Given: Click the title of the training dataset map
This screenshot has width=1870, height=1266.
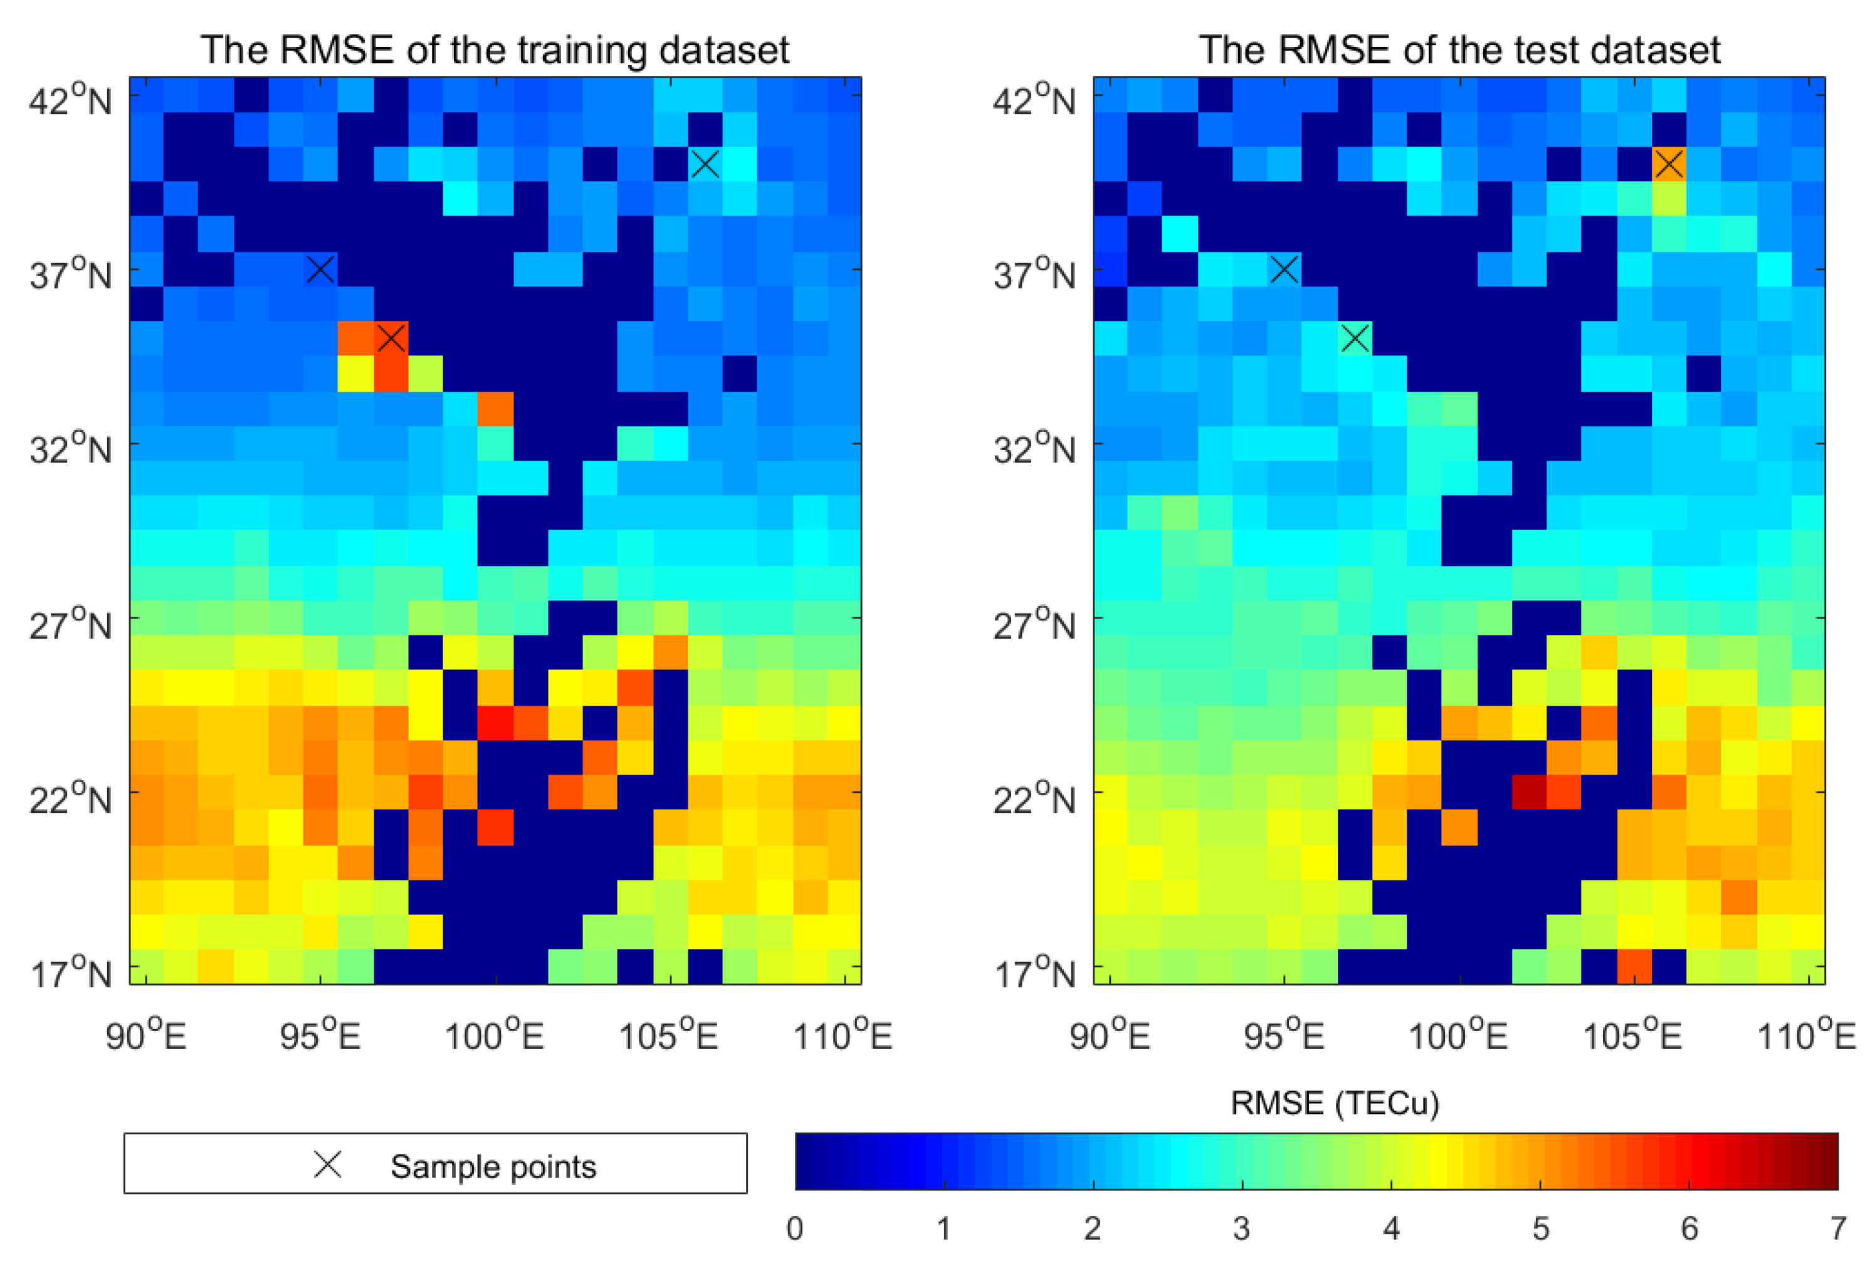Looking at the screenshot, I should coord(494,50).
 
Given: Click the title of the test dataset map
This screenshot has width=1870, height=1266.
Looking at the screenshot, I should coord(1458,50).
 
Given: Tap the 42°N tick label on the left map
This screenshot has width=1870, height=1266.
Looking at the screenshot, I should coord(70,100).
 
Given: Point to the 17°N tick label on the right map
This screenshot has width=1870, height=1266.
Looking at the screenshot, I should coord(1033,974).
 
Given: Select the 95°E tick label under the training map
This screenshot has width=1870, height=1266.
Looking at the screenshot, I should coord(320,1036).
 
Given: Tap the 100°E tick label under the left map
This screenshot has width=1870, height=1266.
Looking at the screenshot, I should coord(494,1036).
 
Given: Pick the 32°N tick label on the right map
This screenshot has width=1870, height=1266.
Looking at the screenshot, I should coord(1033,449).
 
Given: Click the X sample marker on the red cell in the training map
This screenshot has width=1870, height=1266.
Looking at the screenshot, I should coord(391,338).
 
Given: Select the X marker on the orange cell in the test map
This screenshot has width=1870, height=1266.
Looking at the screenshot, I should coord(1668,164).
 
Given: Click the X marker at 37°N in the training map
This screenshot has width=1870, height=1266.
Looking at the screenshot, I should coord(320,269).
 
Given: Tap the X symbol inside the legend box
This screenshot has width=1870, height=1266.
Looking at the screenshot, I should coord(327,1164).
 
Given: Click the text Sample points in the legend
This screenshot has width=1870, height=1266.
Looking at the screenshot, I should coord(493,1166).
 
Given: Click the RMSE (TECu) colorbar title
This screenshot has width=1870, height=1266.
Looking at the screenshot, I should coord(1334,1102).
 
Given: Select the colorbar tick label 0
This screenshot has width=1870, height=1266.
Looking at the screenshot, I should coord(794,1228).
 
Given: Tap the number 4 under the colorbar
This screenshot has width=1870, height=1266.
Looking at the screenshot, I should coord(1391,1228).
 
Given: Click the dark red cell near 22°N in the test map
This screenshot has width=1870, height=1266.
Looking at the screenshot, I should coord(1528,792).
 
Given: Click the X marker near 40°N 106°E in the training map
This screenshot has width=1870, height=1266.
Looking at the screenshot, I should coord(704,164).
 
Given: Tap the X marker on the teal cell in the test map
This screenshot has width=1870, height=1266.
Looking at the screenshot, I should coord(1354,338).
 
